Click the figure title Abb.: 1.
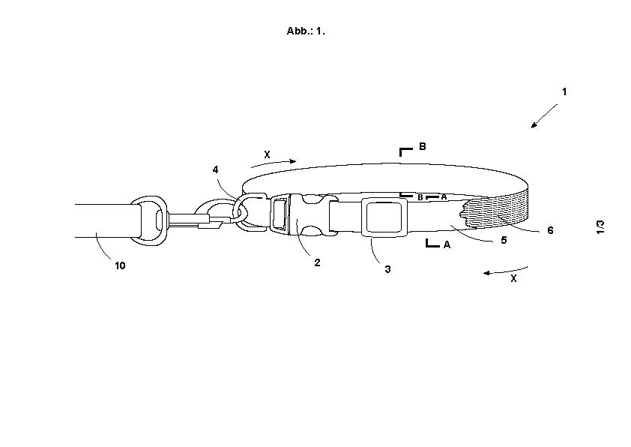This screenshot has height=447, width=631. tap(306, 31)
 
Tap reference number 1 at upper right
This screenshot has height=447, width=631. tap(564, 91)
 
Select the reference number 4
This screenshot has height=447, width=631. tap(215, 169)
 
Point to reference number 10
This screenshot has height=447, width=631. tap(120, 265)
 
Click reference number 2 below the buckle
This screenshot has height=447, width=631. tap(317, 262)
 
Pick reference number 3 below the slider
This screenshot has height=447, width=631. tap(387, 269)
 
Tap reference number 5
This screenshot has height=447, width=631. tap(504, 240)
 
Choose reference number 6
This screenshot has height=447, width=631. tap(550, 230)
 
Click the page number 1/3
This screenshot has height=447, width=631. tap(600, 226)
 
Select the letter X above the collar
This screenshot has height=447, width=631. tap(267, 154)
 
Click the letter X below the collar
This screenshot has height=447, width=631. tap(513, 278)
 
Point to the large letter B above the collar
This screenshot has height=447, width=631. tap(422, 146)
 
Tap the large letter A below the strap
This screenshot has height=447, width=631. tap(447, 244)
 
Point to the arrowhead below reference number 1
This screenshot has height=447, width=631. tap(534, 125)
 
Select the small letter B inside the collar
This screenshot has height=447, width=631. tap(420, 198)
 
